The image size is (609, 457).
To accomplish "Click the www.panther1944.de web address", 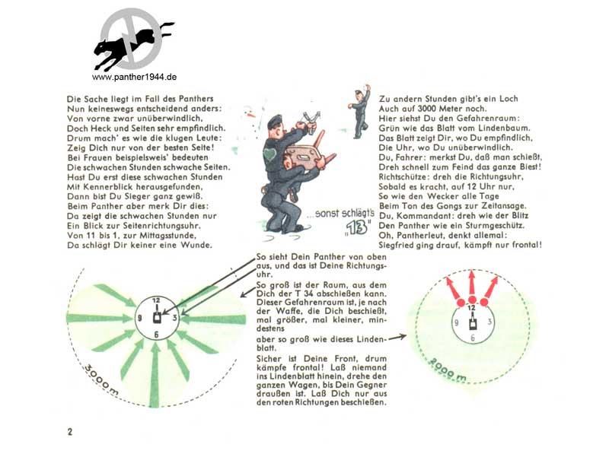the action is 135,77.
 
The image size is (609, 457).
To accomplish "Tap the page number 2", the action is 70,432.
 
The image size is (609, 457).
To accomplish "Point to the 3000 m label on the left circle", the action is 101,380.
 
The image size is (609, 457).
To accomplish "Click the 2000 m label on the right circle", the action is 448,370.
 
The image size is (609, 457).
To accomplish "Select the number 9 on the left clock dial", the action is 140,318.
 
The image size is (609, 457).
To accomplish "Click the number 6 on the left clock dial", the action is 156,335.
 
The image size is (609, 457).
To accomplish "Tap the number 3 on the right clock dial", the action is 489,322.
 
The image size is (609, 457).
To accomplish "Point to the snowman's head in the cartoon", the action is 250,113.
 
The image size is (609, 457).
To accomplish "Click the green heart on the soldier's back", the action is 269,154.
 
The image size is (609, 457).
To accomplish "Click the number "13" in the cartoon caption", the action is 357,227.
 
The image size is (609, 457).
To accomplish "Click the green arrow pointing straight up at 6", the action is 155,375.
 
